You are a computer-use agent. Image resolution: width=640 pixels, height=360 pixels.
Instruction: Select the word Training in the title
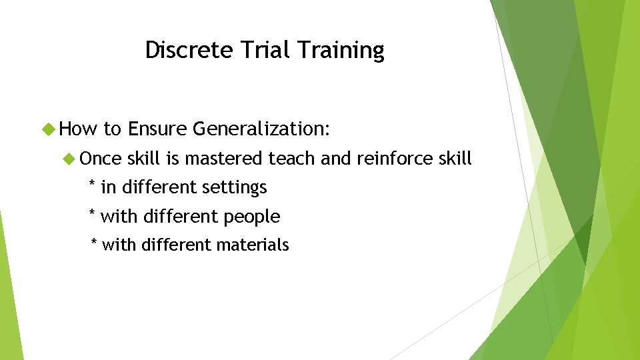click(341, 51)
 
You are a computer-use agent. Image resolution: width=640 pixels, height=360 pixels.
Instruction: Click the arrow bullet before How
click(47, 129)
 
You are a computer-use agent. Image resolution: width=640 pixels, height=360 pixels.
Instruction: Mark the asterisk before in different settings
click(92, 185)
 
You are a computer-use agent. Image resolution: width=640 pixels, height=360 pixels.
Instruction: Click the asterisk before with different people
click(92, 214)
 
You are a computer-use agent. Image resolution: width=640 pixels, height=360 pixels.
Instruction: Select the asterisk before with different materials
click(94, 243)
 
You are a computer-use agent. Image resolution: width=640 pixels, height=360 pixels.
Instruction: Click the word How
click(79, 129)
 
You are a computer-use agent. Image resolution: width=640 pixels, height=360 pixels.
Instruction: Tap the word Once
click(101, 159)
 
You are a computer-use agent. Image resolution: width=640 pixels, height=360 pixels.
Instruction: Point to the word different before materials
click(177, 245)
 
